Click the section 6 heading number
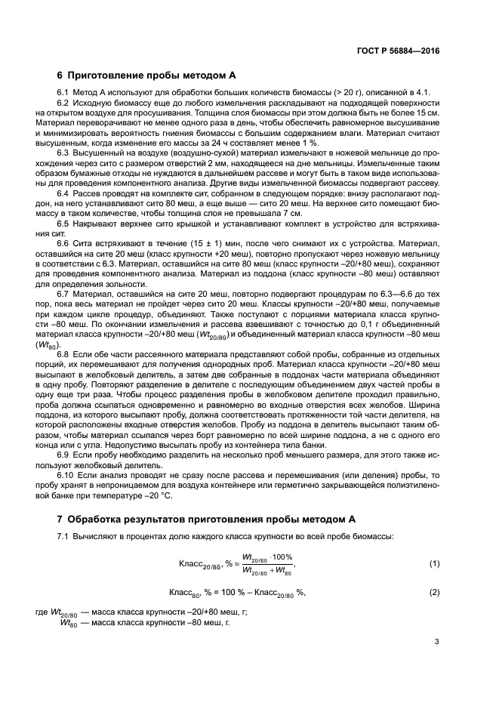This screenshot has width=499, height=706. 60,75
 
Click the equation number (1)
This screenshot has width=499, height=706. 434,564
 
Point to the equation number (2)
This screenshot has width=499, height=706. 434,592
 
